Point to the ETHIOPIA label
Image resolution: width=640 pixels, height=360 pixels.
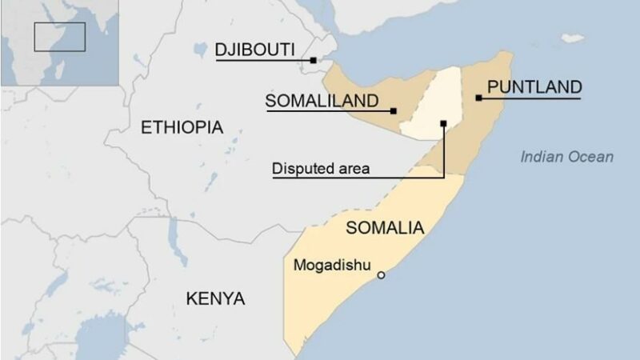pyautogui.click(x=182, y=127)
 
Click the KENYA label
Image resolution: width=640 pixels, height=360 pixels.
pyautogui.click(x=215, y=299)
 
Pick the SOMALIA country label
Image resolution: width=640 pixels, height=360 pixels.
pyautogui.click(x=385, y=227)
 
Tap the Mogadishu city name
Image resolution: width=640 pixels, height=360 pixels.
pyautogui.click(x=332, y=265)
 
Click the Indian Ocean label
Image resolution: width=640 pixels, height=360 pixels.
pyautogui.click(x=567, y=157)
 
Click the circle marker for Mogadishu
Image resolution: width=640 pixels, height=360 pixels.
pyautogui.click(x=382, y=275)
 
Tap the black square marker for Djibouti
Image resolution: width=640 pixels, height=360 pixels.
pyautogui.click(x=314, y=60)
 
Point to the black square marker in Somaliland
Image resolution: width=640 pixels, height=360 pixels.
pyautogui.click(x=394, y=110)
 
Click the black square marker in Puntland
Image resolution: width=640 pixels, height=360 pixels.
pyautogui.click(x=478, y=98)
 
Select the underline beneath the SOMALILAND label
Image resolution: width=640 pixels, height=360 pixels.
pyautogui.click(x=328, y=111)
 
